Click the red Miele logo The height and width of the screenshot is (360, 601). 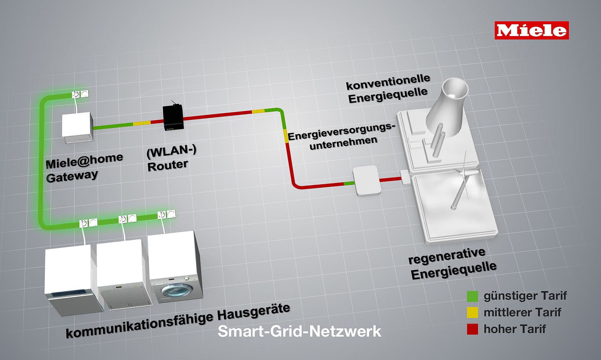pyautogui.click(x=532, y=30)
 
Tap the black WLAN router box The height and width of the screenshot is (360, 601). pyautogui.click(x=173, y=117)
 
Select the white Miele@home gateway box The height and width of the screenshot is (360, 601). pyautogui.click(x=78, y=128)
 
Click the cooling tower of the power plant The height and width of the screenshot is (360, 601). pyautogui.click(x=447, y=106)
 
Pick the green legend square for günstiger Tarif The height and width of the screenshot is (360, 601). pyautogui.click(x=472, y=296)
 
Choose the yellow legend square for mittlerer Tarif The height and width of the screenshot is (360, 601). pyautogui.click(x=472, y=312)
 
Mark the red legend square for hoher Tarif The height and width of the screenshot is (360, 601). pyautogui.click(x=472, y=329)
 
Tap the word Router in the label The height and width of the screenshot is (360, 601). pyautogui.click(x=168, y=165)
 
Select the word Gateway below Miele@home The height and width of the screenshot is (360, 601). pyautogui.click(x=72, y=176)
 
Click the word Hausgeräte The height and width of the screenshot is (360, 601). pyautogui.click(x=254, y=312)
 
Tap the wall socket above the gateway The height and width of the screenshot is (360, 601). pyautogui.click(x=80, y=94)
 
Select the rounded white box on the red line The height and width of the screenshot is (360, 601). pyautogui.click(x=367, y=181)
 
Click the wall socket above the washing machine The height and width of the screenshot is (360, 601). pyautogui.click(x=166, y=214)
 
